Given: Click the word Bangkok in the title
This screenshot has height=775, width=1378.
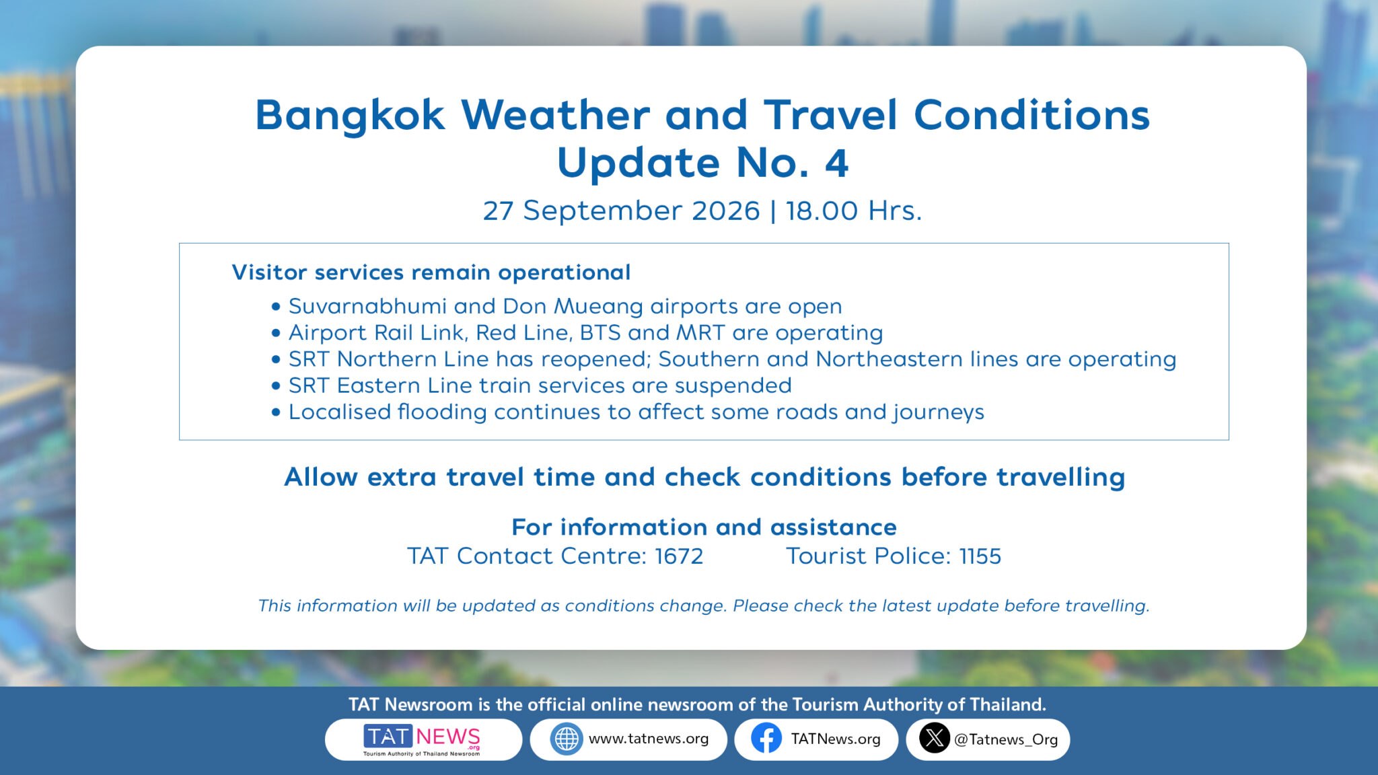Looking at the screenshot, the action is pyautogui.click(x=350, y=116).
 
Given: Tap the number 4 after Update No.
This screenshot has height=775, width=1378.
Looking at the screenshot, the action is pyautogui.click(x=836, y=163).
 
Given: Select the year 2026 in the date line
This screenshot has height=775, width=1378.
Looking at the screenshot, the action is pyautogui.click(x=725, y=211).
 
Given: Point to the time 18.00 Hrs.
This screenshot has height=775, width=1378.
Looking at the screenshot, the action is pyautogui.click(x=853, y=211).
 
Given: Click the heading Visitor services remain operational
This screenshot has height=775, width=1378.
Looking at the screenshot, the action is pyautogui.click(x=431, y=272).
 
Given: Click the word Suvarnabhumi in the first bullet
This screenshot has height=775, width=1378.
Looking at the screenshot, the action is pyautogui.click(x=367, y=306).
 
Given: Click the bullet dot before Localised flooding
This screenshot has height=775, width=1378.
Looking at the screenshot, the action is pyautogui.click(x=276, y=412).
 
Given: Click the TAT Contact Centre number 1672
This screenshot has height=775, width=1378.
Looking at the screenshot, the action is pyautogui.click(x=679, y=556).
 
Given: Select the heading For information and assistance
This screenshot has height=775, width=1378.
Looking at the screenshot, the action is pyautogui.click(x=704, y=527).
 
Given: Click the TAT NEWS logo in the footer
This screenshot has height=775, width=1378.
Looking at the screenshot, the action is pyautogui.click(x=422, y=740).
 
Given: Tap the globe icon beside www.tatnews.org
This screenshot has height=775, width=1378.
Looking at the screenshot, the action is pyautogui.click(x=567, y=739).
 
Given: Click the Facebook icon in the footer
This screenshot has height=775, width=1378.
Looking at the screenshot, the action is pyautogui.click(x=766, y=739).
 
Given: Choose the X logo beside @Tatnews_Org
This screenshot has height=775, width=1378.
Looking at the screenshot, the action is pyautogui.click(x=935, y=739).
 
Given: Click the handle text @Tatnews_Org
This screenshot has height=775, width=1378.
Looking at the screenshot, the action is pyautogui.click(x=1006, y=740).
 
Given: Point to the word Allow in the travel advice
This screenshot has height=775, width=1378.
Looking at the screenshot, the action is pyautogui.click(x=321, y=477).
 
